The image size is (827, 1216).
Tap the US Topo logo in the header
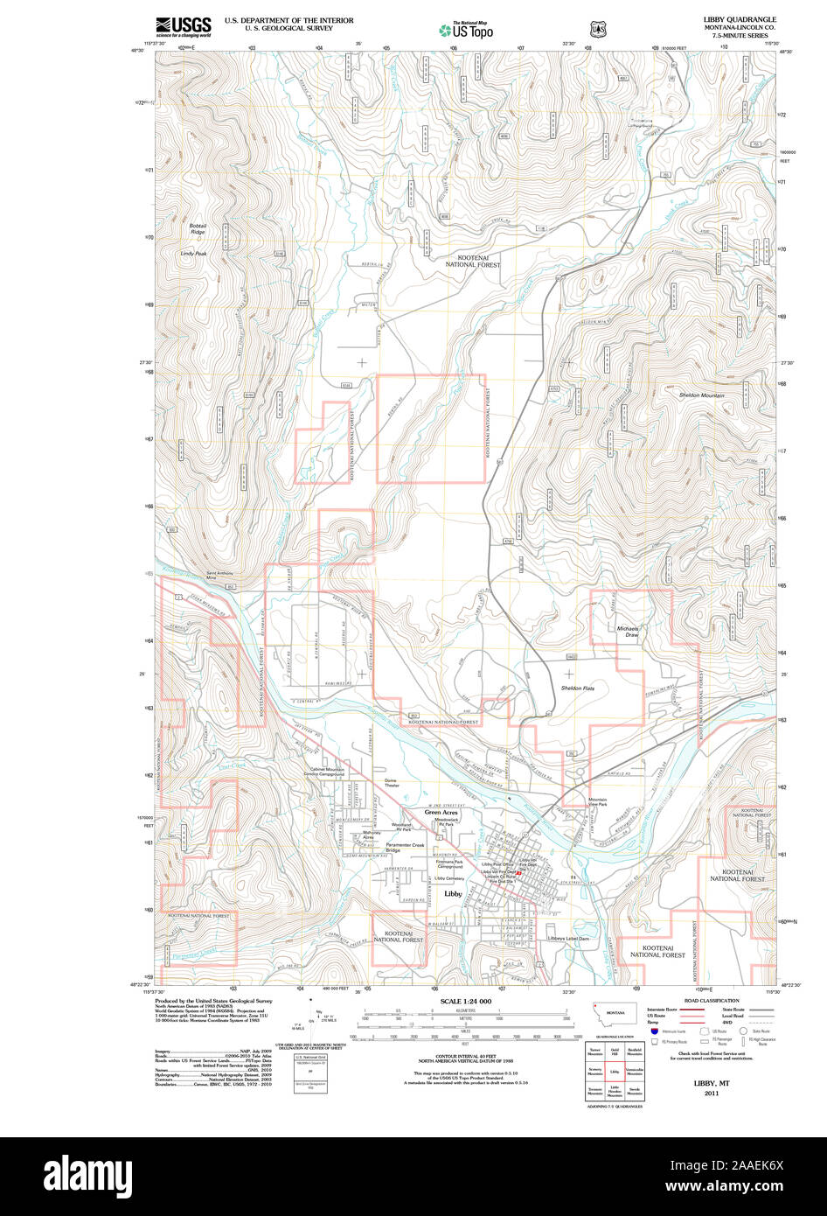pos(466,30)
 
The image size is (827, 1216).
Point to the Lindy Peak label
pos(193,254)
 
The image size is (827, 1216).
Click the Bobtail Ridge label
pos(198,229)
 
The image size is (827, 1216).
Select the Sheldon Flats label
pos(577,688)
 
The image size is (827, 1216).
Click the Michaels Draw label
pos(628,632)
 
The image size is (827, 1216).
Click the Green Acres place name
pos(441,813)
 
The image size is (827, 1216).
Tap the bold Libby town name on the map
pos(453,894)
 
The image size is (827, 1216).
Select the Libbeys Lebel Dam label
pos(568,938)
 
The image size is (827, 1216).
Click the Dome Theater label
pos(391,783)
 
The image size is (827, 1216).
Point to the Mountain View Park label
pos(597,802)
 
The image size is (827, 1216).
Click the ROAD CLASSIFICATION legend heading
pos(712,1001)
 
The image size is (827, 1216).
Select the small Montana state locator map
pos(615,1016)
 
